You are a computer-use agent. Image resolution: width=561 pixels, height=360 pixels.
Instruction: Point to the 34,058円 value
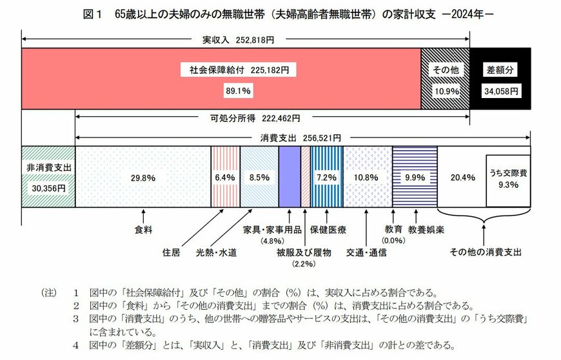point(500,91)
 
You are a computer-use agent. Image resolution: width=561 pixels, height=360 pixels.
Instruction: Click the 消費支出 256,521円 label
point(300,138)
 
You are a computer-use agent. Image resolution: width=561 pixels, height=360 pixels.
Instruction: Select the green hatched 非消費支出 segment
point(48,176)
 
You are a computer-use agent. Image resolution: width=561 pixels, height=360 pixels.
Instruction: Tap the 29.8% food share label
point(143,177)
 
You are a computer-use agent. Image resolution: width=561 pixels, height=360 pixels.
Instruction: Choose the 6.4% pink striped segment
point(224,177)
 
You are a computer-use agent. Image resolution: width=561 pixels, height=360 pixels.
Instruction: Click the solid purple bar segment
point(289,176)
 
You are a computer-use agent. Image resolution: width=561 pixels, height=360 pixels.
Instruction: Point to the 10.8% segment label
point(368,177)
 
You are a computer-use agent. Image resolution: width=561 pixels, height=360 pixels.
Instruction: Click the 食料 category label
point(143,230)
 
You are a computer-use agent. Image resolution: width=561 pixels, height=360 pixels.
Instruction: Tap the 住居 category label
point(171,252)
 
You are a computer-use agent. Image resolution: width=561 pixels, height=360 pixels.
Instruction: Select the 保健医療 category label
point(328,230)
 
